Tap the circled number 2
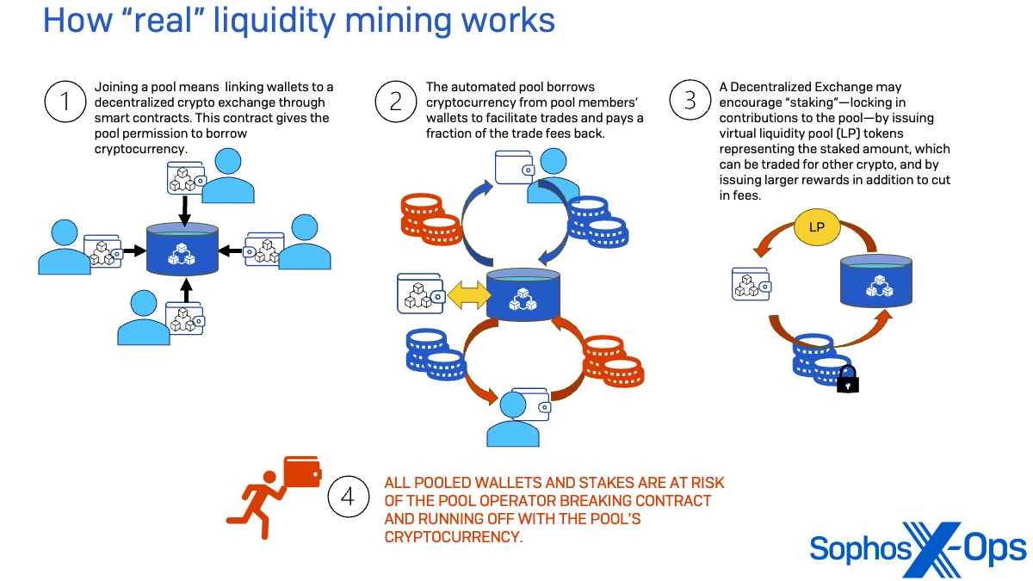tap(396, 102)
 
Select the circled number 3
tap(690, 102)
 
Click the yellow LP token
tap(815, 227)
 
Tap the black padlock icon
tap(848, 379)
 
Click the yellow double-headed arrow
tap(464, 295)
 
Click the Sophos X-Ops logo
tap(918, 548)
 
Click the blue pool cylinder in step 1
tap(182, 250)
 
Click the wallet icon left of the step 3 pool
tap(750, 283)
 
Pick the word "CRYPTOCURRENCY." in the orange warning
tap(453, 536)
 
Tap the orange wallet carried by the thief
tap(302, 472)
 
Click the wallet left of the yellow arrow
tap(419, 294)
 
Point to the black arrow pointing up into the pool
tap(183, 291)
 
